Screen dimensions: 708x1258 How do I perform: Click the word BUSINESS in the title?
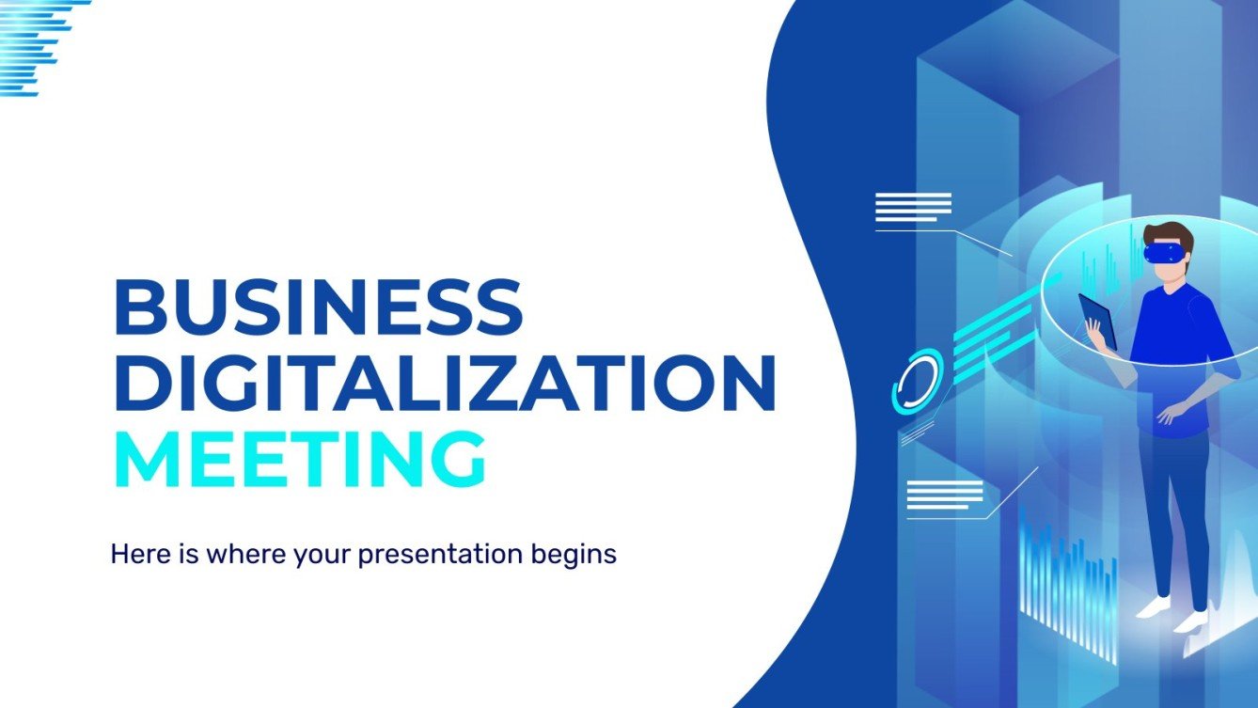pos(317,307)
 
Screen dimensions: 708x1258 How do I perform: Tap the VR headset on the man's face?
pos(1162,253)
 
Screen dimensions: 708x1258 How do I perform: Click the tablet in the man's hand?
pos(1097,321)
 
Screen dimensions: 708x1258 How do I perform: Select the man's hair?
pos(1172,233)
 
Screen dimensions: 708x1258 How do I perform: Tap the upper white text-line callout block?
pos(912,207)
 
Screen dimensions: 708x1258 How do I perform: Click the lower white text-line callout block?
pos(944,496)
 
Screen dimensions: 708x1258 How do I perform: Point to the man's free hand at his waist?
pos(1167,412)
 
